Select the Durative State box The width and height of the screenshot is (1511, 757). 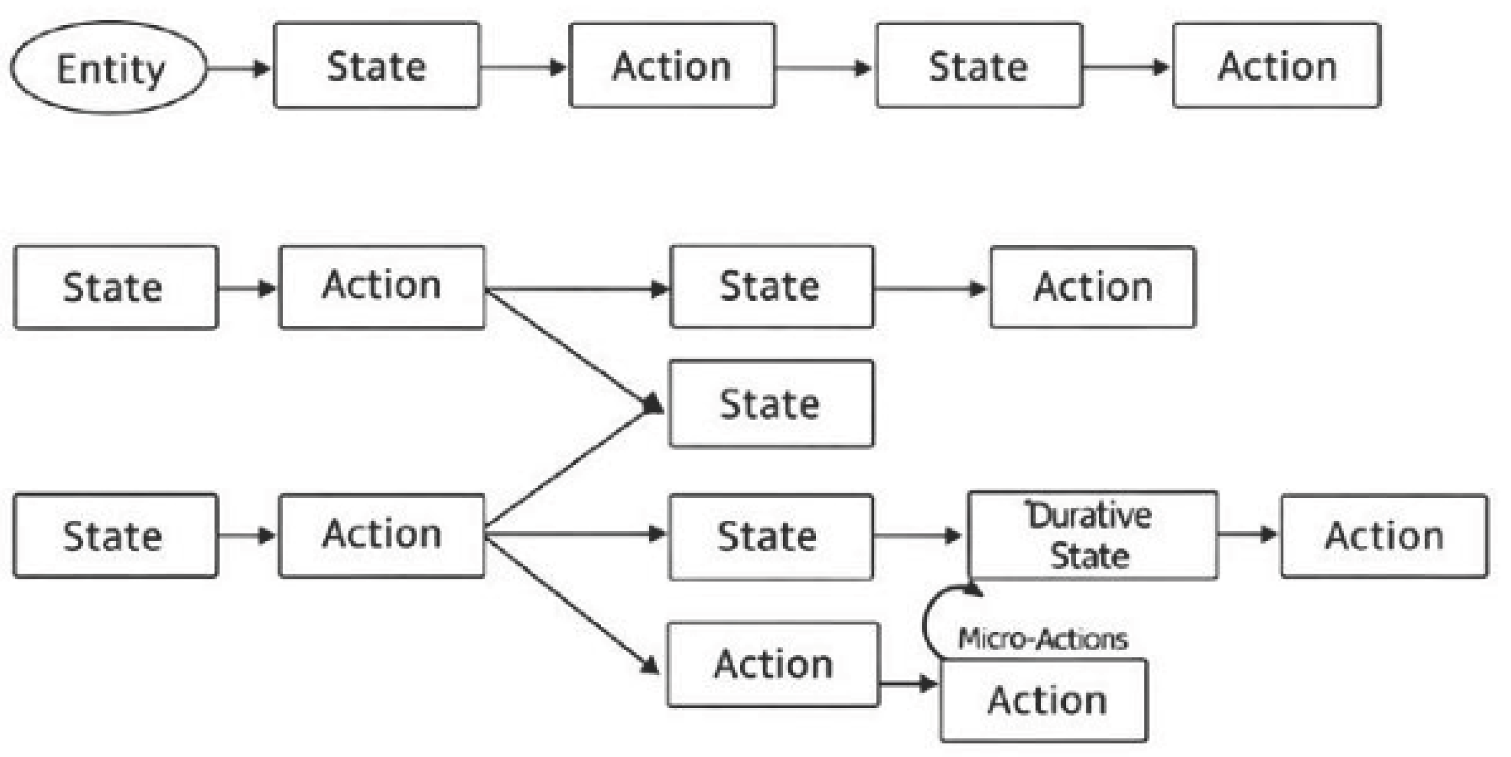[x=1093, y=535]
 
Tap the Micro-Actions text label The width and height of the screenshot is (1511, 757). [x=1043, y=639]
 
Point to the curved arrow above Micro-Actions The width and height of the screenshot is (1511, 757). [x=925, y=622]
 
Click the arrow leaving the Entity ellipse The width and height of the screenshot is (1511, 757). [x=238, y=68]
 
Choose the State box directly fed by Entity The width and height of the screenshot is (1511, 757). [x=377, y=65]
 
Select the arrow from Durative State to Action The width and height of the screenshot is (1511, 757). [x=1247, y=534]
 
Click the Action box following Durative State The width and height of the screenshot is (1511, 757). [x=1384, y=535]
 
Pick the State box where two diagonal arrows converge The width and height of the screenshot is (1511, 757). [x=771, y=404]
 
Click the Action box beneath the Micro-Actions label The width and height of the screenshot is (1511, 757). [x=1044, y=700]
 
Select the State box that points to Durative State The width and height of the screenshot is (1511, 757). [x=770, y=536]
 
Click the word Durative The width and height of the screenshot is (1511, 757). [x=1088, y=515]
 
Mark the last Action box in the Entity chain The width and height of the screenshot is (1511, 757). [x=1277, y=65]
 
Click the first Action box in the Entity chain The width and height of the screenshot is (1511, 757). [x=672, y=65]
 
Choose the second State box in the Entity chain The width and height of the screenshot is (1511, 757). [x=979, y=65]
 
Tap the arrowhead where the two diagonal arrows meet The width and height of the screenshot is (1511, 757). [x=653, y=404]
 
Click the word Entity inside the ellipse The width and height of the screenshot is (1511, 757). [x=111, y=70]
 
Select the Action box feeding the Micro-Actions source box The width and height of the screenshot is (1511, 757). [x=773, y=665]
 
